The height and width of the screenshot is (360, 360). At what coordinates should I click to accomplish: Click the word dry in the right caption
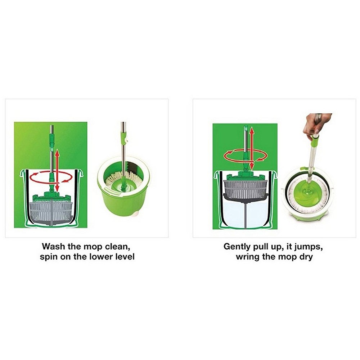pyautogui.click(x=306, y=257)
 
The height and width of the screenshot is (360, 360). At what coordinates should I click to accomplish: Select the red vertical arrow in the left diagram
pyautogui.click(x=57, y=170)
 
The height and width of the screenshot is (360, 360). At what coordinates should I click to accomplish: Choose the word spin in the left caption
pyautogui.click(x=49, y=257)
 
